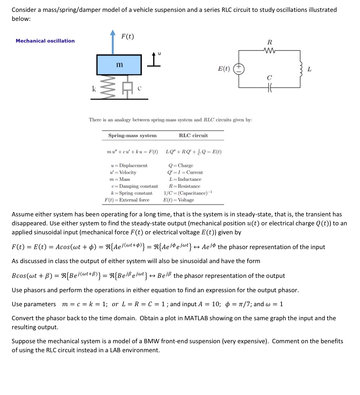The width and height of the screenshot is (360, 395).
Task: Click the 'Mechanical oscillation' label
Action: [x=45, y=41]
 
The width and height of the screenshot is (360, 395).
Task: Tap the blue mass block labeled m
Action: [x=119, y=65]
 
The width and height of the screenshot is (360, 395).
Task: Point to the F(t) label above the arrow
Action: [x=127, y=36]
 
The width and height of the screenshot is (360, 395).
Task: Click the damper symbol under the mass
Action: [x=127, y=87]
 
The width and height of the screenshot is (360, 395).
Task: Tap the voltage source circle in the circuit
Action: [x=240, y=69]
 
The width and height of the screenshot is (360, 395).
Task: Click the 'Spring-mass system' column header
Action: [x=132, y=136]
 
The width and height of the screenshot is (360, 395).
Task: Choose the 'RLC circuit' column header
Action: [x=193, y=136]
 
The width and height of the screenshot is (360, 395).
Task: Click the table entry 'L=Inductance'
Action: [x=185, y=179]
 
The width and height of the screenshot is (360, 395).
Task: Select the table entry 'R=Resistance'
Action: [x=185, y=186]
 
